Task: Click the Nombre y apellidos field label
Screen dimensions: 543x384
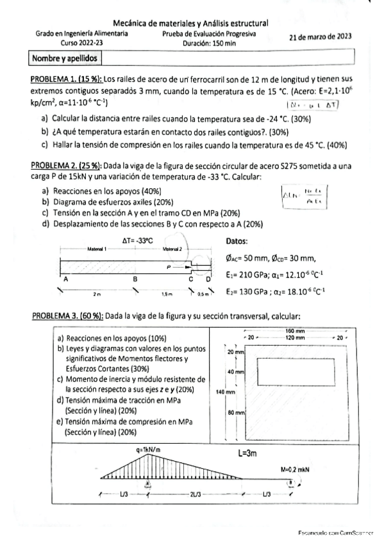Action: (x=64, y=59)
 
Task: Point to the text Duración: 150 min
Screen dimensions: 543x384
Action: (x=210, y=44)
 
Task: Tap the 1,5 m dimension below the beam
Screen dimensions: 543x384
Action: (x=168, y=294)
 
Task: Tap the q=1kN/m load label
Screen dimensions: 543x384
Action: (x=148, y=450)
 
